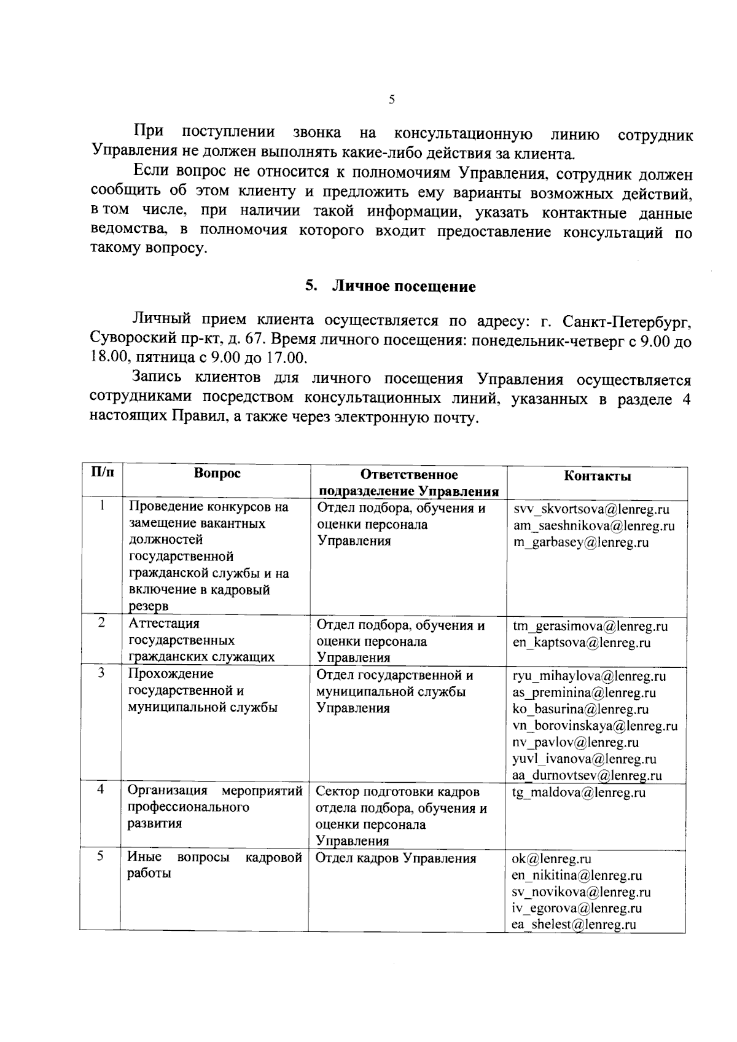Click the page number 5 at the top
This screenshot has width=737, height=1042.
[391, 100]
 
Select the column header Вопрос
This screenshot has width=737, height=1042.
[217, 473]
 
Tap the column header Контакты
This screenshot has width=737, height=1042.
[597, 476]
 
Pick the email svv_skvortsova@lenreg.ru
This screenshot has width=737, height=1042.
[591, 509]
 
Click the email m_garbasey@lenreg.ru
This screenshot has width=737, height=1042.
[581, 543]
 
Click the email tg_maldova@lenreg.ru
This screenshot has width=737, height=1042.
[579, 793]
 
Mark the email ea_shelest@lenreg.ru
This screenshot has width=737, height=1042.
[574, 925]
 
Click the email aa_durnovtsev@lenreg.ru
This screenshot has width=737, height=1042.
[587, 775]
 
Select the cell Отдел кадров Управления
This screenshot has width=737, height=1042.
[396, 859]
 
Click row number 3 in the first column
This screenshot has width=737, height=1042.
[101, 673]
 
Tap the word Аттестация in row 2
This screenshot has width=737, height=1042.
[164, 624]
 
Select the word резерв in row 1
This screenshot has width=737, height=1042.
[149, 606]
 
